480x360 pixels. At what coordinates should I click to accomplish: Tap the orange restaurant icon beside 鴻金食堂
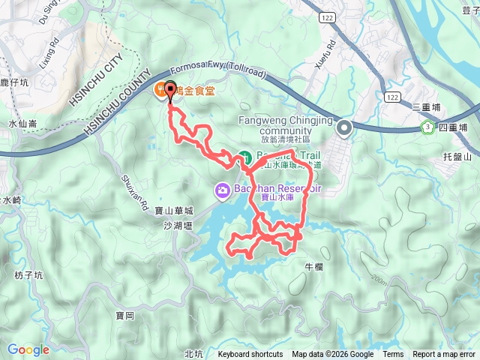pos(160,91)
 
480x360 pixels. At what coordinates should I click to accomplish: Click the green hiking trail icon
pos(244,157)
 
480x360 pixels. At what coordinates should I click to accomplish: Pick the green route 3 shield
pos(427,127)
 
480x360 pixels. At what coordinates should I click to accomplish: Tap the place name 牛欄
pos(313,266)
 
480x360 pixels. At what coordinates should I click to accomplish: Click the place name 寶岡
pos(124,316)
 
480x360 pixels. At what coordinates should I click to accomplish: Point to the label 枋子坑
pos(29,275)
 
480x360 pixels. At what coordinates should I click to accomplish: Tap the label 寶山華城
pos(169,211)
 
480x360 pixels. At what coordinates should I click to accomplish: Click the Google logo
pos(28,349)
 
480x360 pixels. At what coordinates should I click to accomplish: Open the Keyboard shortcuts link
pos(250,355)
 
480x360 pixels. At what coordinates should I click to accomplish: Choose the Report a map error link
pos(444,355)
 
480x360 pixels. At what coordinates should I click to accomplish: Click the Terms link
pos(393,355)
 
